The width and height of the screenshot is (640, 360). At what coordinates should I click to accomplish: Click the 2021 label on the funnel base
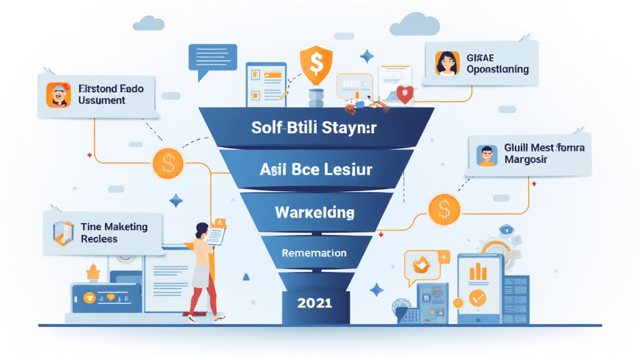coord(315,303)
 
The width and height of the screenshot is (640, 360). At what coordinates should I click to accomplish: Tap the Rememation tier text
coord(314,253)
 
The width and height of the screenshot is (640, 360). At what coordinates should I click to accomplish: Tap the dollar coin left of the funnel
coord(167,164)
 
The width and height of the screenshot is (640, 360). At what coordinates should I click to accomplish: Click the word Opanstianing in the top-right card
coord(497,69)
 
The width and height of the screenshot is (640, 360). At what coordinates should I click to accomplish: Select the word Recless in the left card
coord(99,239)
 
